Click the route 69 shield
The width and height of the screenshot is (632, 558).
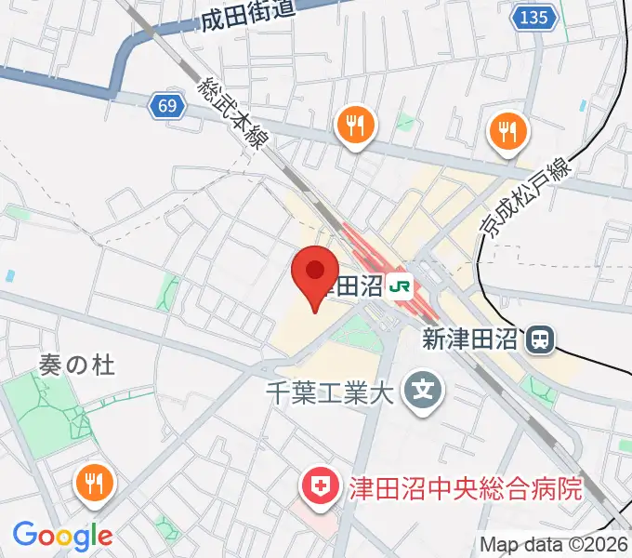pyautogui.click(x=166, y=106)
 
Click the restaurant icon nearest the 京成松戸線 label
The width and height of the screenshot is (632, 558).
pyautogui.click(x=507, y=131)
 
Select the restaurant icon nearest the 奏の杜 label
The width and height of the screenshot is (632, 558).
pyautogui.click(x=94, y=481)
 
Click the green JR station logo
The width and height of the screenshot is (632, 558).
pyautogui.click(x=401, y=286)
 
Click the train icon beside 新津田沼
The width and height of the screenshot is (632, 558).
pyautogui.click(x=537, y=340)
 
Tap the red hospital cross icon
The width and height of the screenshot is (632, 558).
pyautogui.click(x=318, y=486)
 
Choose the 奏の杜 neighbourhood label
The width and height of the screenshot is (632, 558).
pyautogui.click(x=77, y=365)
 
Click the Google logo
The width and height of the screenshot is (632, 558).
pyautogui.click(x=62, y=535)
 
